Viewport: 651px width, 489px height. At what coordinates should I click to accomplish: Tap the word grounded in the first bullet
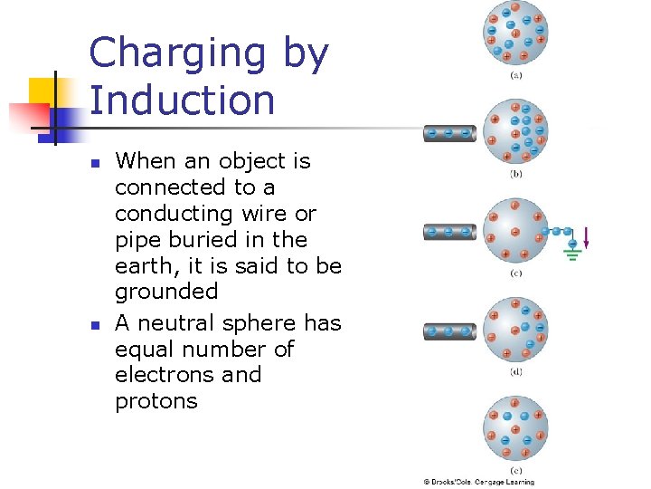166,292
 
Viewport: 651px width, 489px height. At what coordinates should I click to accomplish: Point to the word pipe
135,240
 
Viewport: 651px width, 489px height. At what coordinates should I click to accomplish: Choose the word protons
156,401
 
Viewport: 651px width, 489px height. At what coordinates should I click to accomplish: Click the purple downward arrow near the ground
587,237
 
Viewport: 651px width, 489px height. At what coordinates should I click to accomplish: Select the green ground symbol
571,251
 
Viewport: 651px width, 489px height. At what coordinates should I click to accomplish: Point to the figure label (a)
515,76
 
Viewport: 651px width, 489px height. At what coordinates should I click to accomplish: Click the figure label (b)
515,173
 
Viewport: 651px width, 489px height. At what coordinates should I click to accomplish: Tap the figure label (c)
515,273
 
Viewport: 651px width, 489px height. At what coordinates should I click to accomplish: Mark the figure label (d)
515,371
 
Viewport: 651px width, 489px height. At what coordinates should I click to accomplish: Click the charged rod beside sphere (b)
449,133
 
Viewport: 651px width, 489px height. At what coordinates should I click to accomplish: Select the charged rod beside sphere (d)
449,331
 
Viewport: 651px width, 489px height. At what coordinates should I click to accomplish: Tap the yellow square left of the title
42,91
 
